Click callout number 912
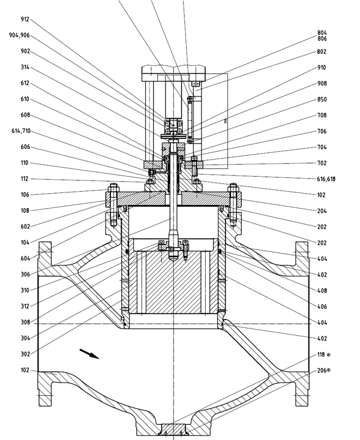pos(25,19)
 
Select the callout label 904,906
pos(20,35)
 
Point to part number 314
pos(25,68)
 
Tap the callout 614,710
pos(20,131)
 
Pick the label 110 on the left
pos(25,163)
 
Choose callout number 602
pos(25,226)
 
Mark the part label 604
pos(25,258)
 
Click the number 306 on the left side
pos(25,274)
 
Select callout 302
pos(25,353)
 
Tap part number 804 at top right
pos(322,32)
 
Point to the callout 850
pos(322,99)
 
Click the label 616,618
pos(322,179)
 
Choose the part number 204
pos(322,210)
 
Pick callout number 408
pos(322,290)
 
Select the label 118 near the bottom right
pos(323,355)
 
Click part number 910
pos(322,67)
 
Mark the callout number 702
pos(322,162)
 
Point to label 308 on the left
pos(25,321)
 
